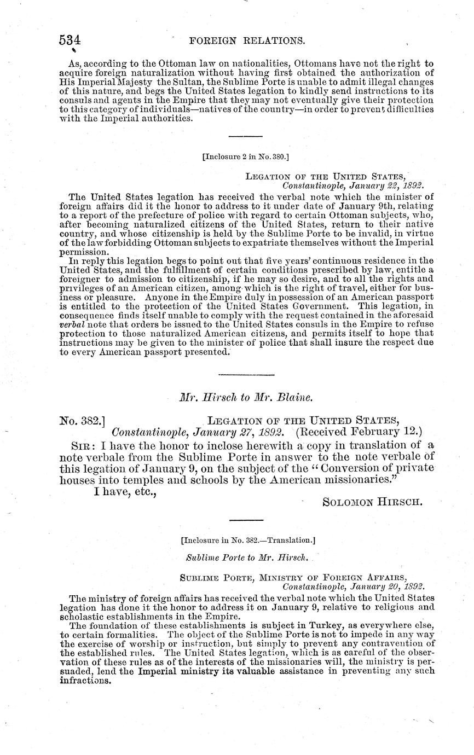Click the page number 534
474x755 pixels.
[70, 40]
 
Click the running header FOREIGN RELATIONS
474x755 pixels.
[246, 40]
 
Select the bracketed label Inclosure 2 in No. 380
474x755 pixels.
[245, 156]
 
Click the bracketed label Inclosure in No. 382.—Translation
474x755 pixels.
[247, 540]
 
